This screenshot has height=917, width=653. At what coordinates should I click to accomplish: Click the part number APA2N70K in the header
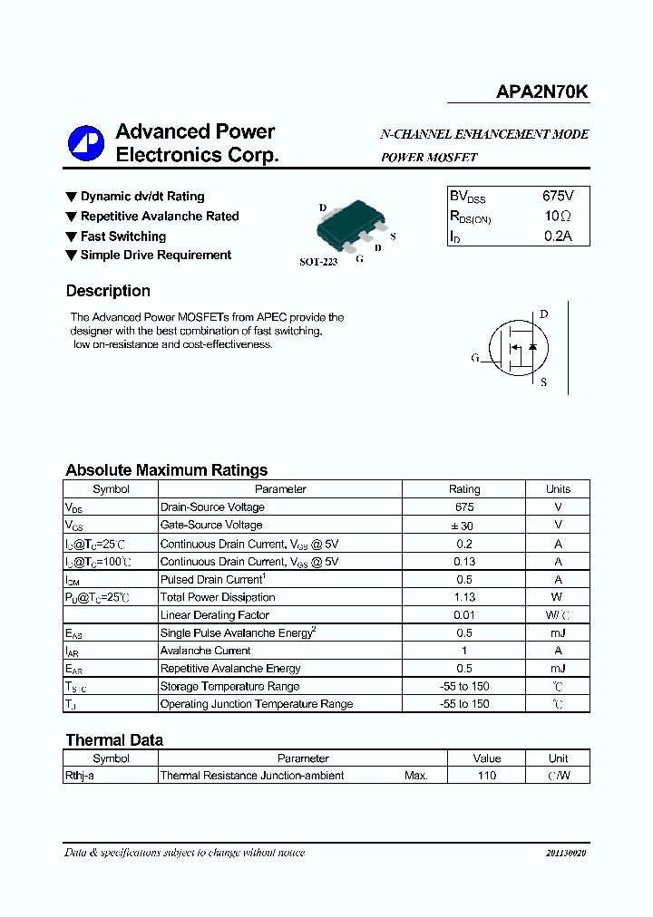[541, 92]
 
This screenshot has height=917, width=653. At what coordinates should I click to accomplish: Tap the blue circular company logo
[86, 143]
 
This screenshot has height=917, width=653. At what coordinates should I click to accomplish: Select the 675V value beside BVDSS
[558, 196]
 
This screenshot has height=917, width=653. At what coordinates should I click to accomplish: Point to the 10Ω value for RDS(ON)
[558, 216]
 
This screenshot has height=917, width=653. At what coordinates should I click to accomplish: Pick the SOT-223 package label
[317, 261]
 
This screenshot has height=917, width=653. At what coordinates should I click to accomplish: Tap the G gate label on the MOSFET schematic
[474, 358]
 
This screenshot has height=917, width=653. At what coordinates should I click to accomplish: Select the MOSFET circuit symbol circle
[518, 348]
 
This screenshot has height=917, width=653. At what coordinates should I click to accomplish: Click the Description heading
[108, 291]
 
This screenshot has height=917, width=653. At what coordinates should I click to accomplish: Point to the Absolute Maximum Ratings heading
[166, 470]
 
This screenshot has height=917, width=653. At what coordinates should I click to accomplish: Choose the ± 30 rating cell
[464, 526]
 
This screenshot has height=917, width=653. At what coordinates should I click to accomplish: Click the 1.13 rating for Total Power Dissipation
[464, 597]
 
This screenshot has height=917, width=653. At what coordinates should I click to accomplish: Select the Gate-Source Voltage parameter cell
[211, 526]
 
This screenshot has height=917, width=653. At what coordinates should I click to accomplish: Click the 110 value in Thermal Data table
[486, 776]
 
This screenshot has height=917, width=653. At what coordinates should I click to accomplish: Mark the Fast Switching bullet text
[122, 236]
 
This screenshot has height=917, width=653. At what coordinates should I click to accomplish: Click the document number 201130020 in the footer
[566, 854]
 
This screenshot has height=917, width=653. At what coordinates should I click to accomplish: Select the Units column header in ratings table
[558, 489]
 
